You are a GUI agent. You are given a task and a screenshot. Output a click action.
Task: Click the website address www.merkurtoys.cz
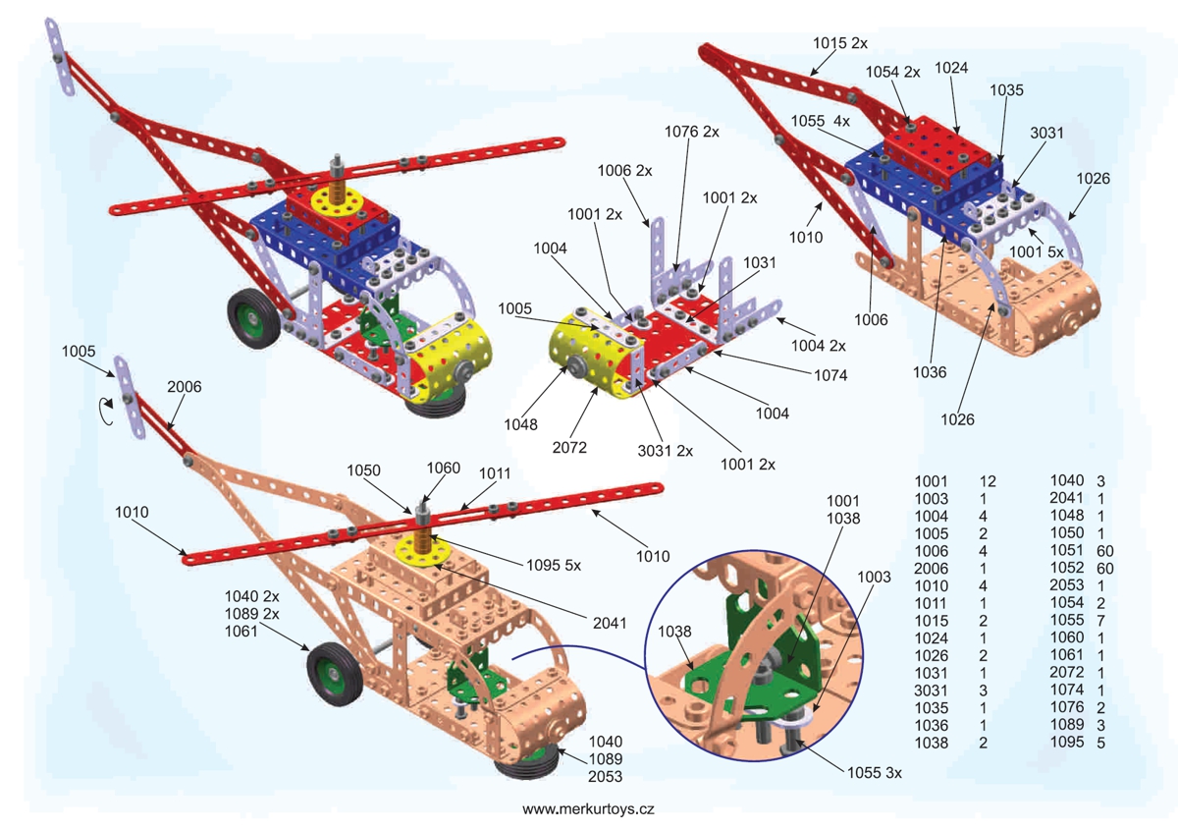(588, 809)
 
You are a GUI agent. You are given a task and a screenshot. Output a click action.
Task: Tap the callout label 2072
(569, 448)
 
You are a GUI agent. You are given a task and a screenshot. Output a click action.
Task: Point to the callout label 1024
(951, 68)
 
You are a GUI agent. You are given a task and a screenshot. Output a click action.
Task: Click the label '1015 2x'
(840, 43)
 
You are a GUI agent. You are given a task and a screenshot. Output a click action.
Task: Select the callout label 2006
(185, 387)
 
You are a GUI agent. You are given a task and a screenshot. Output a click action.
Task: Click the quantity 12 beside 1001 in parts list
(988, 481)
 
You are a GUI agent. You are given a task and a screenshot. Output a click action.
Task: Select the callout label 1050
(363, 470)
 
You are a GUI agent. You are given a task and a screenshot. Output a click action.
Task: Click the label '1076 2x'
(692, 131)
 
